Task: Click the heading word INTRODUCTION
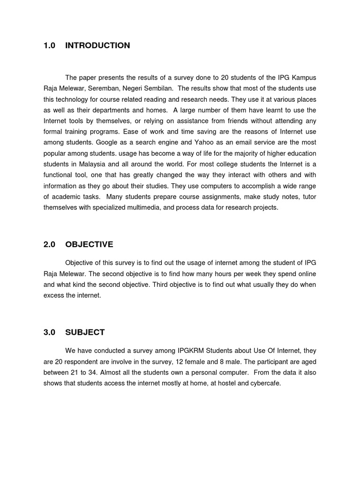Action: pyautogui.click(x=97, y=45)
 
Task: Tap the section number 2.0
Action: pyautogui.click(x=49, y=245)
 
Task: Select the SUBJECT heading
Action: pyautogui.click(x=85, y=332)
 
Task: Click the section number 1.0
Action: pyautogui.click(x=49, y=45)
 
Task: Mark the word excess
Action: pyautogui.click(x=54, y=296)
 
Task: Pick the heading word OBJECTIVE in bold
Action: pyautogui.click(x=89, y=245)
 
